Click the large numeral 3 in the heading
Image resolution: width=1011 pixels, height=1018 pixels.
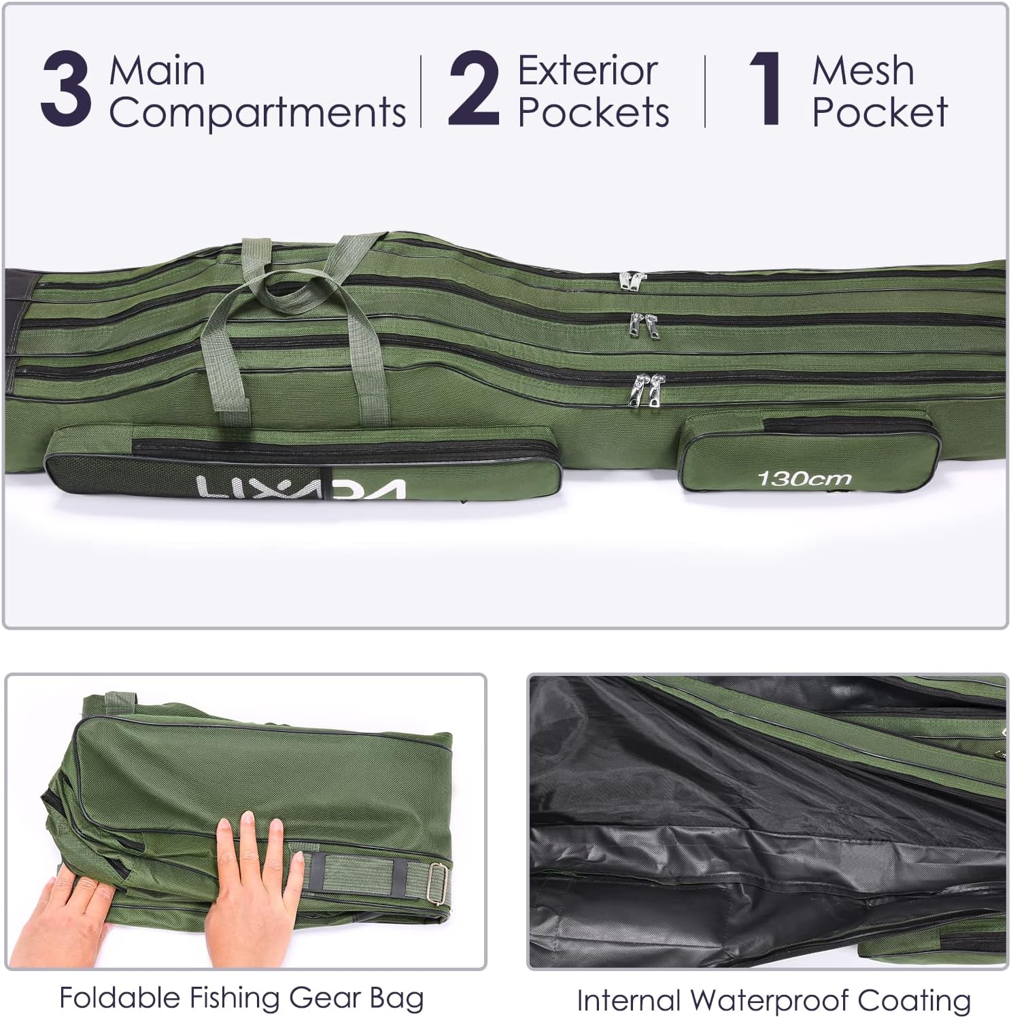click(x=66, y=91)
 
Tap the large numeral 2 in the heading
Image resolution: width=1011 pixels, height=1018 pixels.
click(x=474, y=91)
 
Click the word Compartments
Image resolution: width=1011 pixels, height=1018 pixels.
click(x=258, y=112)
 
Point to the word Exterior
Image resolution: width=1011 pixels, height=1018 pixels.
click(x=588, y=71)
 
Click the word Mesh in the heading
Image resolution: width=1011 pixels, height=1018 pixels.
click(x=863, y=71)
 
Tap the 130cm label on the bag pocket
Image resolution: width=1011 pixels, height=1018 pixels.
click(x=804, y=479)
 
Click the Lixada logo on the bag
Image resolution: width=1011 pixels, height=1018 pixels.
click(x=301, y=488)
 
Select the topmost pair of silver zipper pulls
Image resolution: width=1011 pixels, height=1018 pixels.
click(x=632, y=280)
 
